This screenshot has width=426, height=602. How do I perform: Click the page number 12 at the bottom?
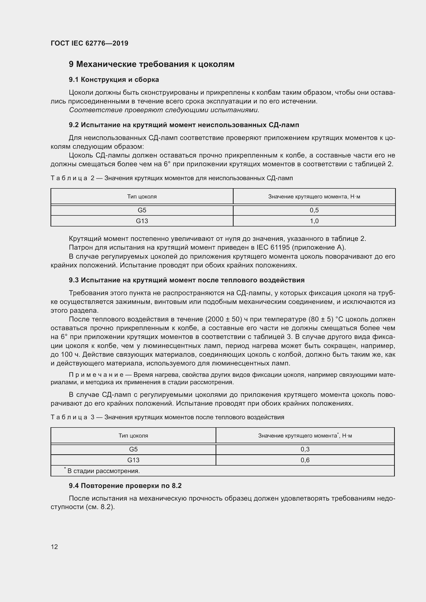(x=54, y=547)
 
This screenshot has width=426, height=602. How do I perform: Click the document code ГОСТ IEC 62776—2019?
(x=89, y=43)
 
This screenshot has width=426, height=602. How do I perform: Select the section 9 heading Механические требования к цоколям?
(x=152, y=64)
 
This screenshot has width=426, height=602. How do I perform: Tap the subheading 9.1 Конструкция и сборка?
(x=114, y=80)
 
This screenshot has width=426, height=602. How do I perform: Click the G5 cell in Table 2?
(x=142, y=210)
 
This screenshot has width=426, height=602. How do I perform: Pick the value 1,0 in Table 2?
(x=314, y=221)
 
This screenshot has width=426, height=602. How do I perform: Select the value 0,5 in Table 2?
(x=314, y=210)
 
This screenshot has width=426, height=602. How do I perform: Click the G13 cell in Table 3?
(x=133, y=460)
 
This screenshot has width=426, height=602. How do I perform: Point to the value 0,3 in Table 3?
(x=305, y=449)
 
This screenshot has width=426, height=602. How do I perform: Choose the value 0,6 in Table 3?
(x=305, y=460)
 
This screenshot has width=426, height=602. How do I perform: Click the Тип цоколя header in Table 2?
(x=142, y=197)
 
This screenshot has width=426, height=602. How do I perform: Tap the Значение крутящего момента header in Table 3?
(x=305, y=436)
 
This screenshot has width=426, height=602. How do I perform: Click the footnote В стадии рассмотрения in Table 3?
(x=103, y=471)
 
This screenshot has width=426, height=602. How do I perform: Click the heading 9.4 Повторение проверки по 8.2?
(x=125, y=486)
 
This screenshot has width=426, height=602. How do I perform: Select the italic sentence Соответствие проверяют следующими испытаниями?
(x=164, y=110)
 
